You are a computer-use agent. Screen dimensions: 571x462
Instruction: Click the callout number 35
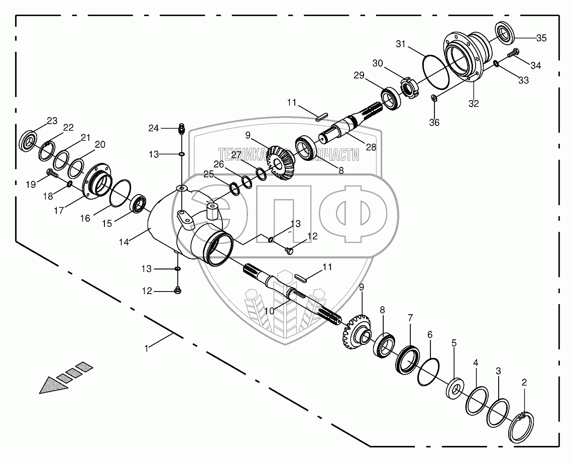(541, 38)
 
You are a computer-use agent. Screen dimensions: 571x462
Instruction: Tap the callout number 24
(153, 129)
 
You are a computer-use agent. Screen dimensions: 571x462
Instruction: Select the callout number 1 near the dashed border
(147, 348)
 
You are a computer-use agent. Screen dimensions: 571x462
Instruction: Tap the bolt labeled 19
(51, 174)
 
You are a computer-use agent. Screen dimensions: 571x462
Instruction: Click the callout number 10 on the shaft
(270, 311)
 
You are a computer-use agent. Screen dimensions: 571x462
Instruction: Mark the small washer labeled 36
(434, 99)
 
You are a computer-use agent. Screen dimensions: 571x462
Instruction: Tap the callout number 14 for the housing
(125, 242)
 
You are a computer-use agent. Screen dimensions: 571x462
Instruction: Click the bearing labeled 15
(139, 205)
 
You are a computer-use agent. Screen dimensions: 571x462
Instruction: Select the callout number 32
(474, 104)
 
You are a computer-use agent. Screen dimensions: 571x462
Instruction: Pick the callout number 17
(59, 211)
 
